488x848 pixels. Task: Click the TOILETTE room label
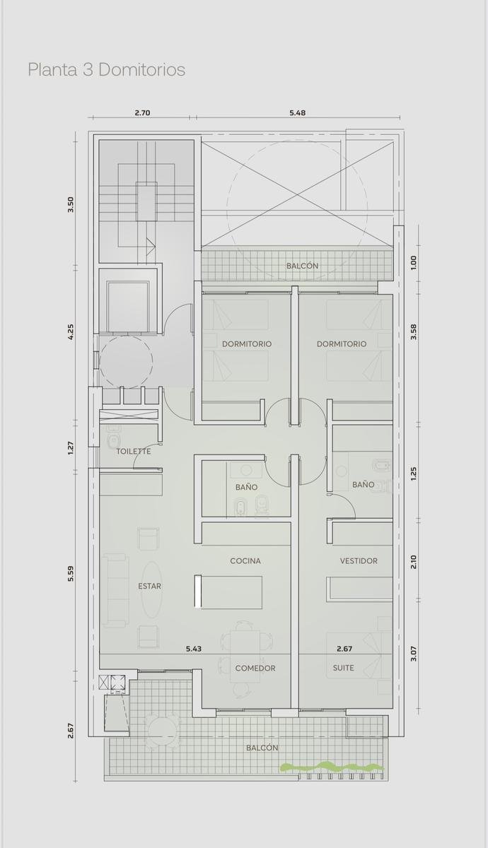[134, 452]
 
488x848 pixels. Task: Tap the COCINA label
[245, 560]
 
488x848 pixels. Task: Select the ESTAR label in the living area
[150, 586]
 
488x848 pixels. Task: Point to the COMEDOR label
[255, 669]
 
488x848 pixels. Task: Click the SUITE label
[344, 668]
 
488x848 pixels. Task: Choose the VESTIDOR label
[359, 560]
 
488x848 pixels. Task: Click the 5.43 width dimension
[194, 649]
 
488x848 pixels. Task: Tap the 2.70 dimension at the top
[142, 112]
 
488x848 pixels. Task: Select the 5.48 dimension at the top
[298, 112]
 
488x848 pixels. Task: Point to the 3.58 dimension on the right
[413, 331]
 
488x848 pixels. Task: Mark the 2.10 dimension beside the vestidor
[413, 561]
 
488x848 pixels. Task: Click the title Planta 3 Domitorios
[107, 70]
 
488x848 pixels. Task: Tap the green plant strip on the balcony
[332, 767]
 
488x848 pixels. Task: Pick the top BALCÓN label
[303, 266]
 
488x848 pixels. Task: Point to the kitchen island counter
[229, 592]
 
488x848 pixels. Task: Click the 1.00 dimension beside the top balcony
[413, 263]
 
